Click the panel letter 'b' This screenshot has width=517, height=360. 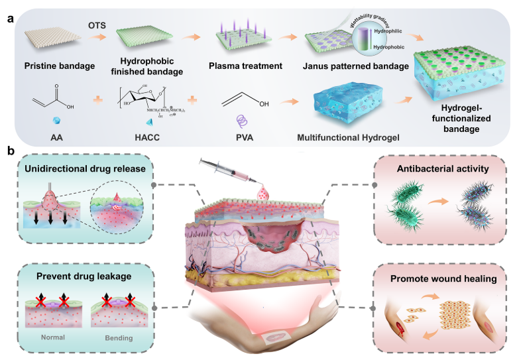coord(10,151)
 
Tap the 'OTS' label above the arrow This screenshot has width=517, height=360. coord(97,27)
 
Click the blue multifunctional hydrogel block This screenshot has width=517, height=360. coord(344,103)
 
